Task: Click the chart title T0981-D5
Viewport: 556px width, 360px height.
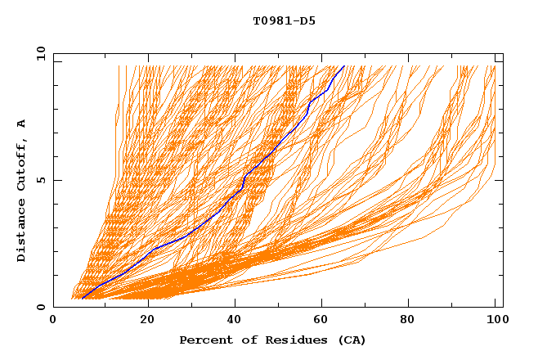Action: [284, 21]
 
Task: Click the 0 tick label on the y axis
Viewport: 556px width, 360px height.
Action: [41, 307]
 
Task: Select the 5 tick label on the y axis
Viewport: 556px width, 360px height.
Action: [41, 180]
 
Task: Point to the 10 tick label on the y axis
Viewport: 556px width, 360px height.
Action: [38, 53]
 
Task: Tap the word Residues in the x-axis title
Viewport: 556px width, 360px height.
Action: [286, 340]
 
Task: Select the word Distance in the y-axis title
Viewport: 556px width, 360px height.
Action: [22, 230]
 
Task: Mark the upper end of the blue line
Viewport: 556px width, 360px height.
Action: [344, 65]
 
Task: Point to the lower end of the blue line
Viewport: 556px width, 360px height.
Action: [82, 299]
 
